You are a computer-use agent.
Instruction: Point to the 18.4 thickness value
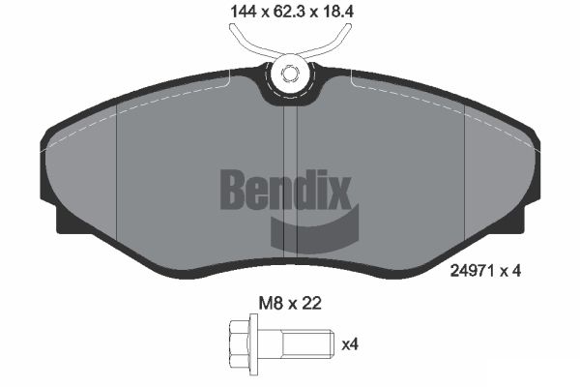pos(351,14)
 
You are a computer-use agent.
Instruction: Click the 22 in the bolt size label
pos(309,304)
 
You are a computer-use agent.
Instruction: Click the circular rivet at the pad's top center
pos(289,73)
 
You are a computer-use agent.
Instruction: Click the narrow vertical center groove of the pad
pos(289,184)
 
